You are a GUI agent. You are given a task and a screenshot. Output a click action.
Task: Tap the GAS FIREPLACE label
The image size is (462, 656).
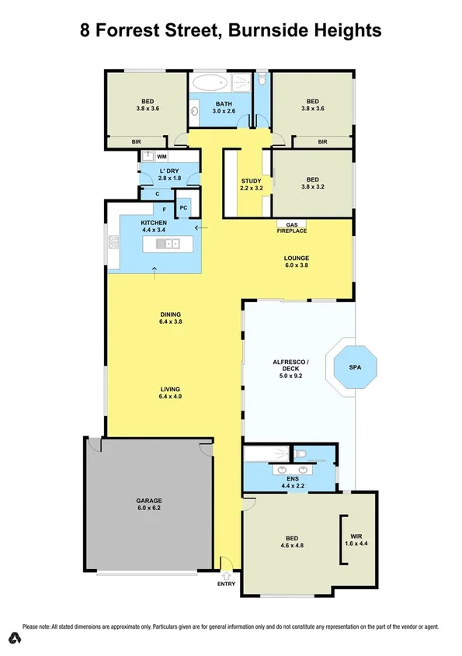coord(292,227)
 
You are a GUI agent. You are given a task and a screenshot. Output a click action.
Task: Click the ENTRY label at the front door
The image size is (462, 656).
coord(227,584)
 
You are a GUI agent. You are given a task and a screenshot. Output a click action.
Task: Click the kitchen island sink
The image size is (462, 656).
coord(167,244)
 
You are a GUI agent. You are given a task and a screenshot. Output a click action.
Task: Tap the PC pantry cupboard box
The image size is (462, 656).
coord(183,207)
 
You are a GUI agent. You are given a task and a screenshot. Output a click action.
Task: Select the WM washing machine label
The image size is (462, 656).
coord(162,156)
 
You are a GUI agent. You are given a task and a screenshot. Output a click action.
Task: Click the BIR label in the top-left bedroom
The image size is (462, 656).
coord(136,142)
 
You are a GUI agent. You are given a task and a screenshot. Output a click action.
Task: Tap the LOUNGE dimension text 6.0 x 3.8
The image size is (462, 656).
coord(296,266)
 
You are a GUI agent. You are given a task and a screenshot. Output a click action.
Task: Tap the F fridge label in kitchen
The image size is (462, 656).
coord(164,208)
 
